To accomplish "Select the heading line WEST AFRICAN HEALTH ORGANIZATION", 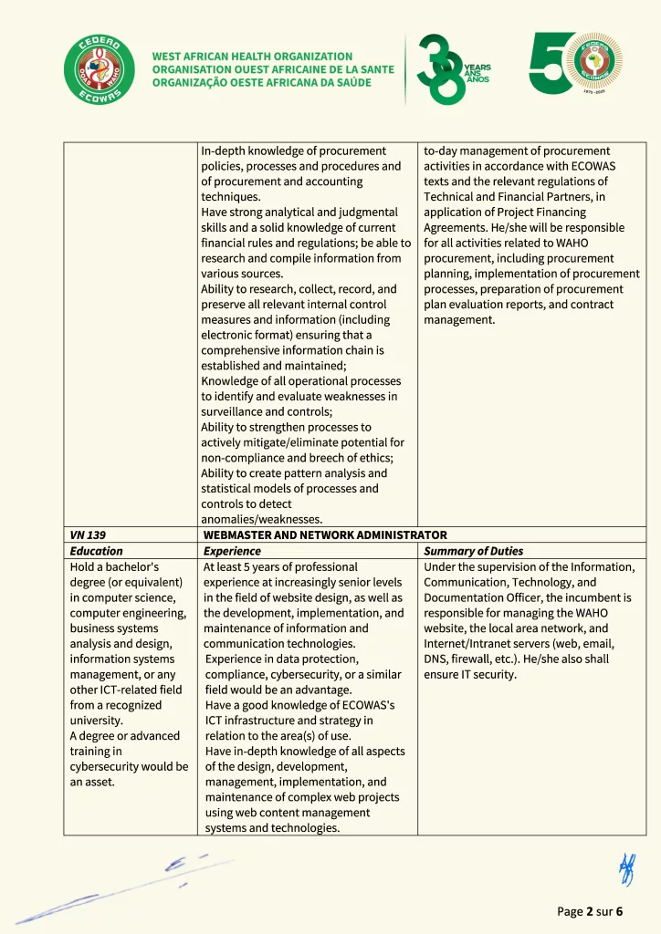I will (x=252, y=57).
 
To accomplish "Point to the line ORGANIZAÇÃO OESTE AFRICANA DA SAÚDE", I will (x=261, y=83).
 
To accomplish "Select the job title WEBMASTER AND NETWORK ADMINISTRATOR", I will (x=325, y=535).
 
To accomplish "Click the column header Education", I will (x=96, y=551).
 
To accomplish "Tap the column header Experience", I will (x=232, y=551).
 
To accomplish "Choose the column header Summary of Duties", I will (x=473, y=551).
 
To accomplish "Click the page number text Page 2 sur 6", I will (x=590, y=911).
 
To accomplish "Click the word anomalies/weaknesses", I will (x=261, y=520).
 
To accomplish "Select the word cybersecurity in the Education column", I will (x=109, y=766).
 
